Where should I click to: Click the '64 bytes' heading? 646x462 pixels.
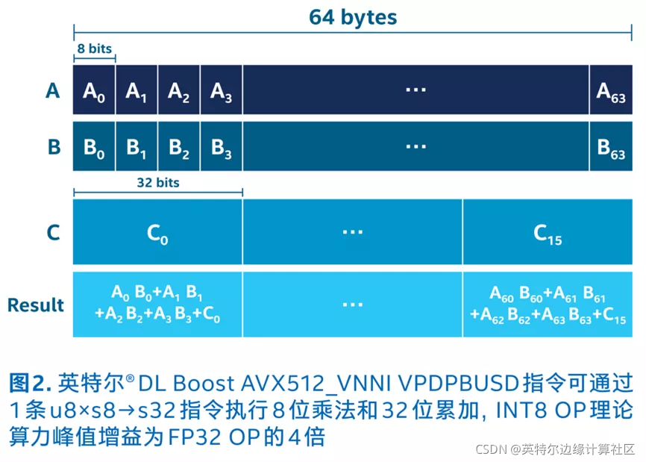point(353,17)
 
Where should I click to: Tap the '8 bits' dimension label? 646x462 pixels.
point(94,49)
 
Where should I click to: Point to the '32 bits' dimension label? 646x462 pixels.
point(157,182)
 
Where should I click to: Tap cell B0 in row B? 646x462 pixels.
point(94,146)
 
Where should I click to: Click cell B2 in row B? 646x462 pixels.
point(179,146)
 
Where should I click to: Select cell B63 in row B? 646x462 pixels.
point(611,146)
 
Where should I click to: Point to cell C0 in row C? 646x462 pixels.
point(157,233)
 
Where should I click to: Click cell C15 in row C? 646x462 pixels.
point(548,233)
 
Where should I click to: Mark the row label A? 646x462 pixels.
point(52,90)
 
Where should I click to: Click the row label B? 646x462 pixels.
point(53,146)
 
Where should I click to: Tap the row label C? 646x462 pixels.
point(53,233)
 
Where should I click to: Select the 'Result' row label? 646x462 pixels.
point(36,305)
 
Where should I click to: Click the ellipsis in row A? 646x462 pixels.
point(415,89)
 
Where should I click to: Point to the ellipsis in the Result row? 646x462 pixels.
point(352,305)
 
